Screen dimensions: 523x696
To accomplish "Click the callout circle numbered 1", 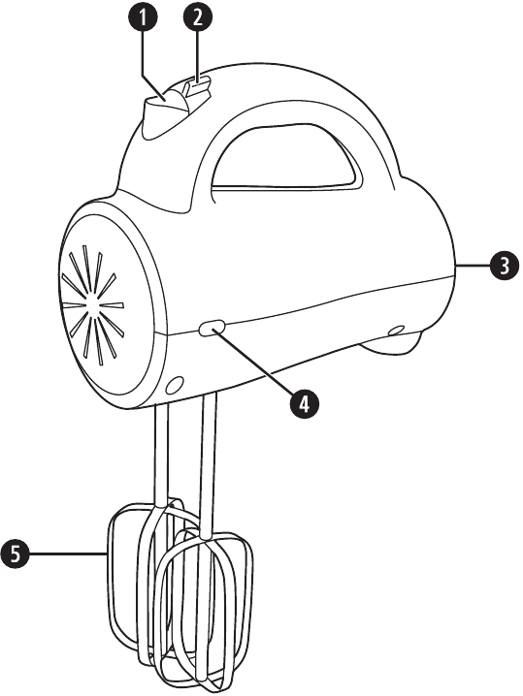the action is (x=143, y=16).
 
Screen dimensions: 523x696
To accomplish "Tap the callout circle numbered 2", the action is (x=198, y=16).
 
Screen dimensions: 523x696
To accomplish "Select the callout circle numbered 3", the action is (x=504, y=266).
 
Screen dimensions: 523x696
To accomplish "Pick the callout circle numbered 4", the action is (x=305, y=403).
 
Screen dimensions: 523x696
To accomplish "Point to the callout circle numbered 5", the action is (x=16, y=554).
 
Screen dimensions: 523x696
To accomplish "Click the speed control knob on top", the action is (x=164, y=116).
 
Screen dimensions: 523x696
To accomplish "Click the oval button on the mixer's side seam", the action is (x=212, y=329).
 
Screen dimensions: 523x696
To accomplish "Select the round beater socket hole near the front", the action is (x=175, y=385).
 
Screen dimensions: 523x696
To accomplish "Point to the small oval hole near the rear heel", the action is (x=396, y=331).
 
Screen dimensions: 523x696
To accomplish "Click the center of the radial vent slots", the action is (x=93, y=305).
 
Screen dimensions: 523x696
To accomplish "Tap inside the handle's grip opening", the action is (x=284, y=160).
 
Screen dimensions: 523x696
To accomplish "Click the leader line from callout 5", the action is (x=68, y=554).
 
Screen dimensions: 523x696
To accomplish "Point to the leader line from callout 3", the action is (x=473, y=266).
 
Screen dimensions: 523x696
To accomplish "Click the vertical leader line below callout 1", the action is (x=143, y=53).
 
